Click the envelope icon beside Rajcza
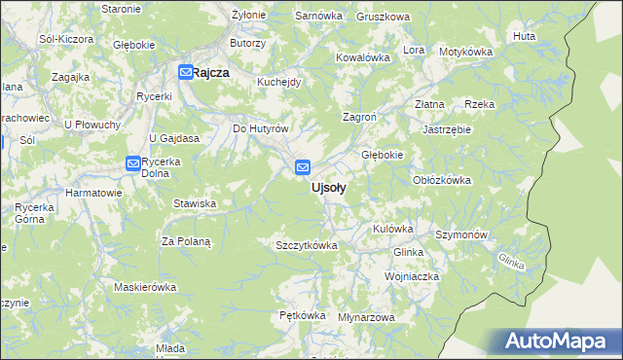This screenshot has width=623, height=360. coord(185,71)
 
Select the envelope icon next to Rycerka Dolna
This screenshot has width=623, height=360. coord(132,163)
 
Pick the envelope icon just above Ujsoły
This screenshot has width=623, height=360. coord(303,167)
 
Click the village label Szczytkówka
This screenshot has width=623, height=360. coord(307,245)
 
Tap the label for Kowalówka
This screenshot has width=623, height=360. coord(363,57)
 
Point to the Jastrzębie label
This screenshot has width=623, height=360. coord(447,128)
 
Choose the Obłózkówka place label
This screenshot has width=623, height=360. coord(442,180)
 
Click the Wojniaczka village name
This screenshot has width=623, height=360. coord(412,276)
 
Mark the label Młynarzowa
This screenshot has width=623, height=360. coord(366,318)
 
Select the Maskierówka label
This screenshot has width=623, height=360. coord(144,287)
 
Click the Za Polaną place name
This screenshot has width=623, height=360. coord(186,240)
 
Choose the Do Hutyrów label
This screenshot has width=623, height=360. coord(261,128)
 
